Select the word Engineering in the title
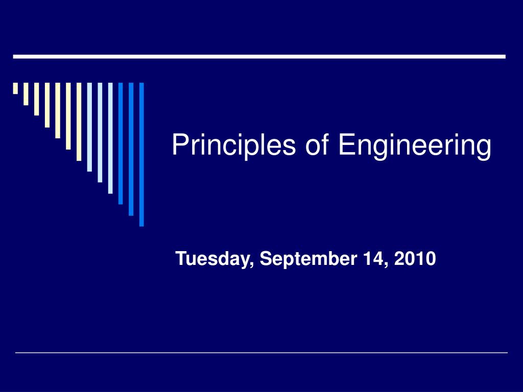click(414, 145)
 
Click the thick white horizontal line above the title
click(259, 57)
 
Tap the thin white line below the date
click(261, 352)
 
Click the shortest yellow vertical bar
click(16, 88)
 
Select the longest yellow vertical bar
click(79, 121)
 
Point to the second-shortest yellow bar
click(26, 94)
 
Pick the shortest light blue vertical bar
click(89, 127)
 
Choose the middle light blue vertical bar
click(100, 132)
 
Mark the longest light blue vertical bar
click(110, 138)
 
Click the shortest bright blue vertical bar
click(121, 143)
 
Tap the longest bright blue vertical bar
click(141, 154)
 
